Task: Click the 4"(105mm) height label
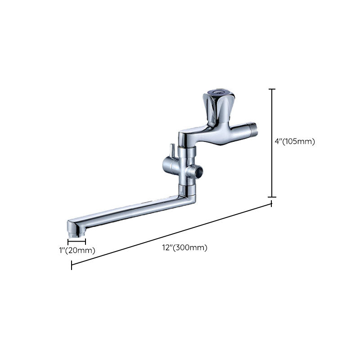tap(294, 141)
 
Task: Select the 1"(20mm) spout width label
tap(77, 251)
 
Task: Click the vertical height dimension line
tap(272, 143)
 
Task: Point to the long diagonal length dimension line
tap(171, 234)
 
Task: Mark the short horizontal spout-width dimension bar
tap(76, 242)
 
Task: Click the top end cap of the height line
tap(272, 89)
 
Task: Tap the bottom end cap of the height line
tap(272, 197)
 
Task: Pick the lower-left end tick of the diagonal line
tap(72, 265)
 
